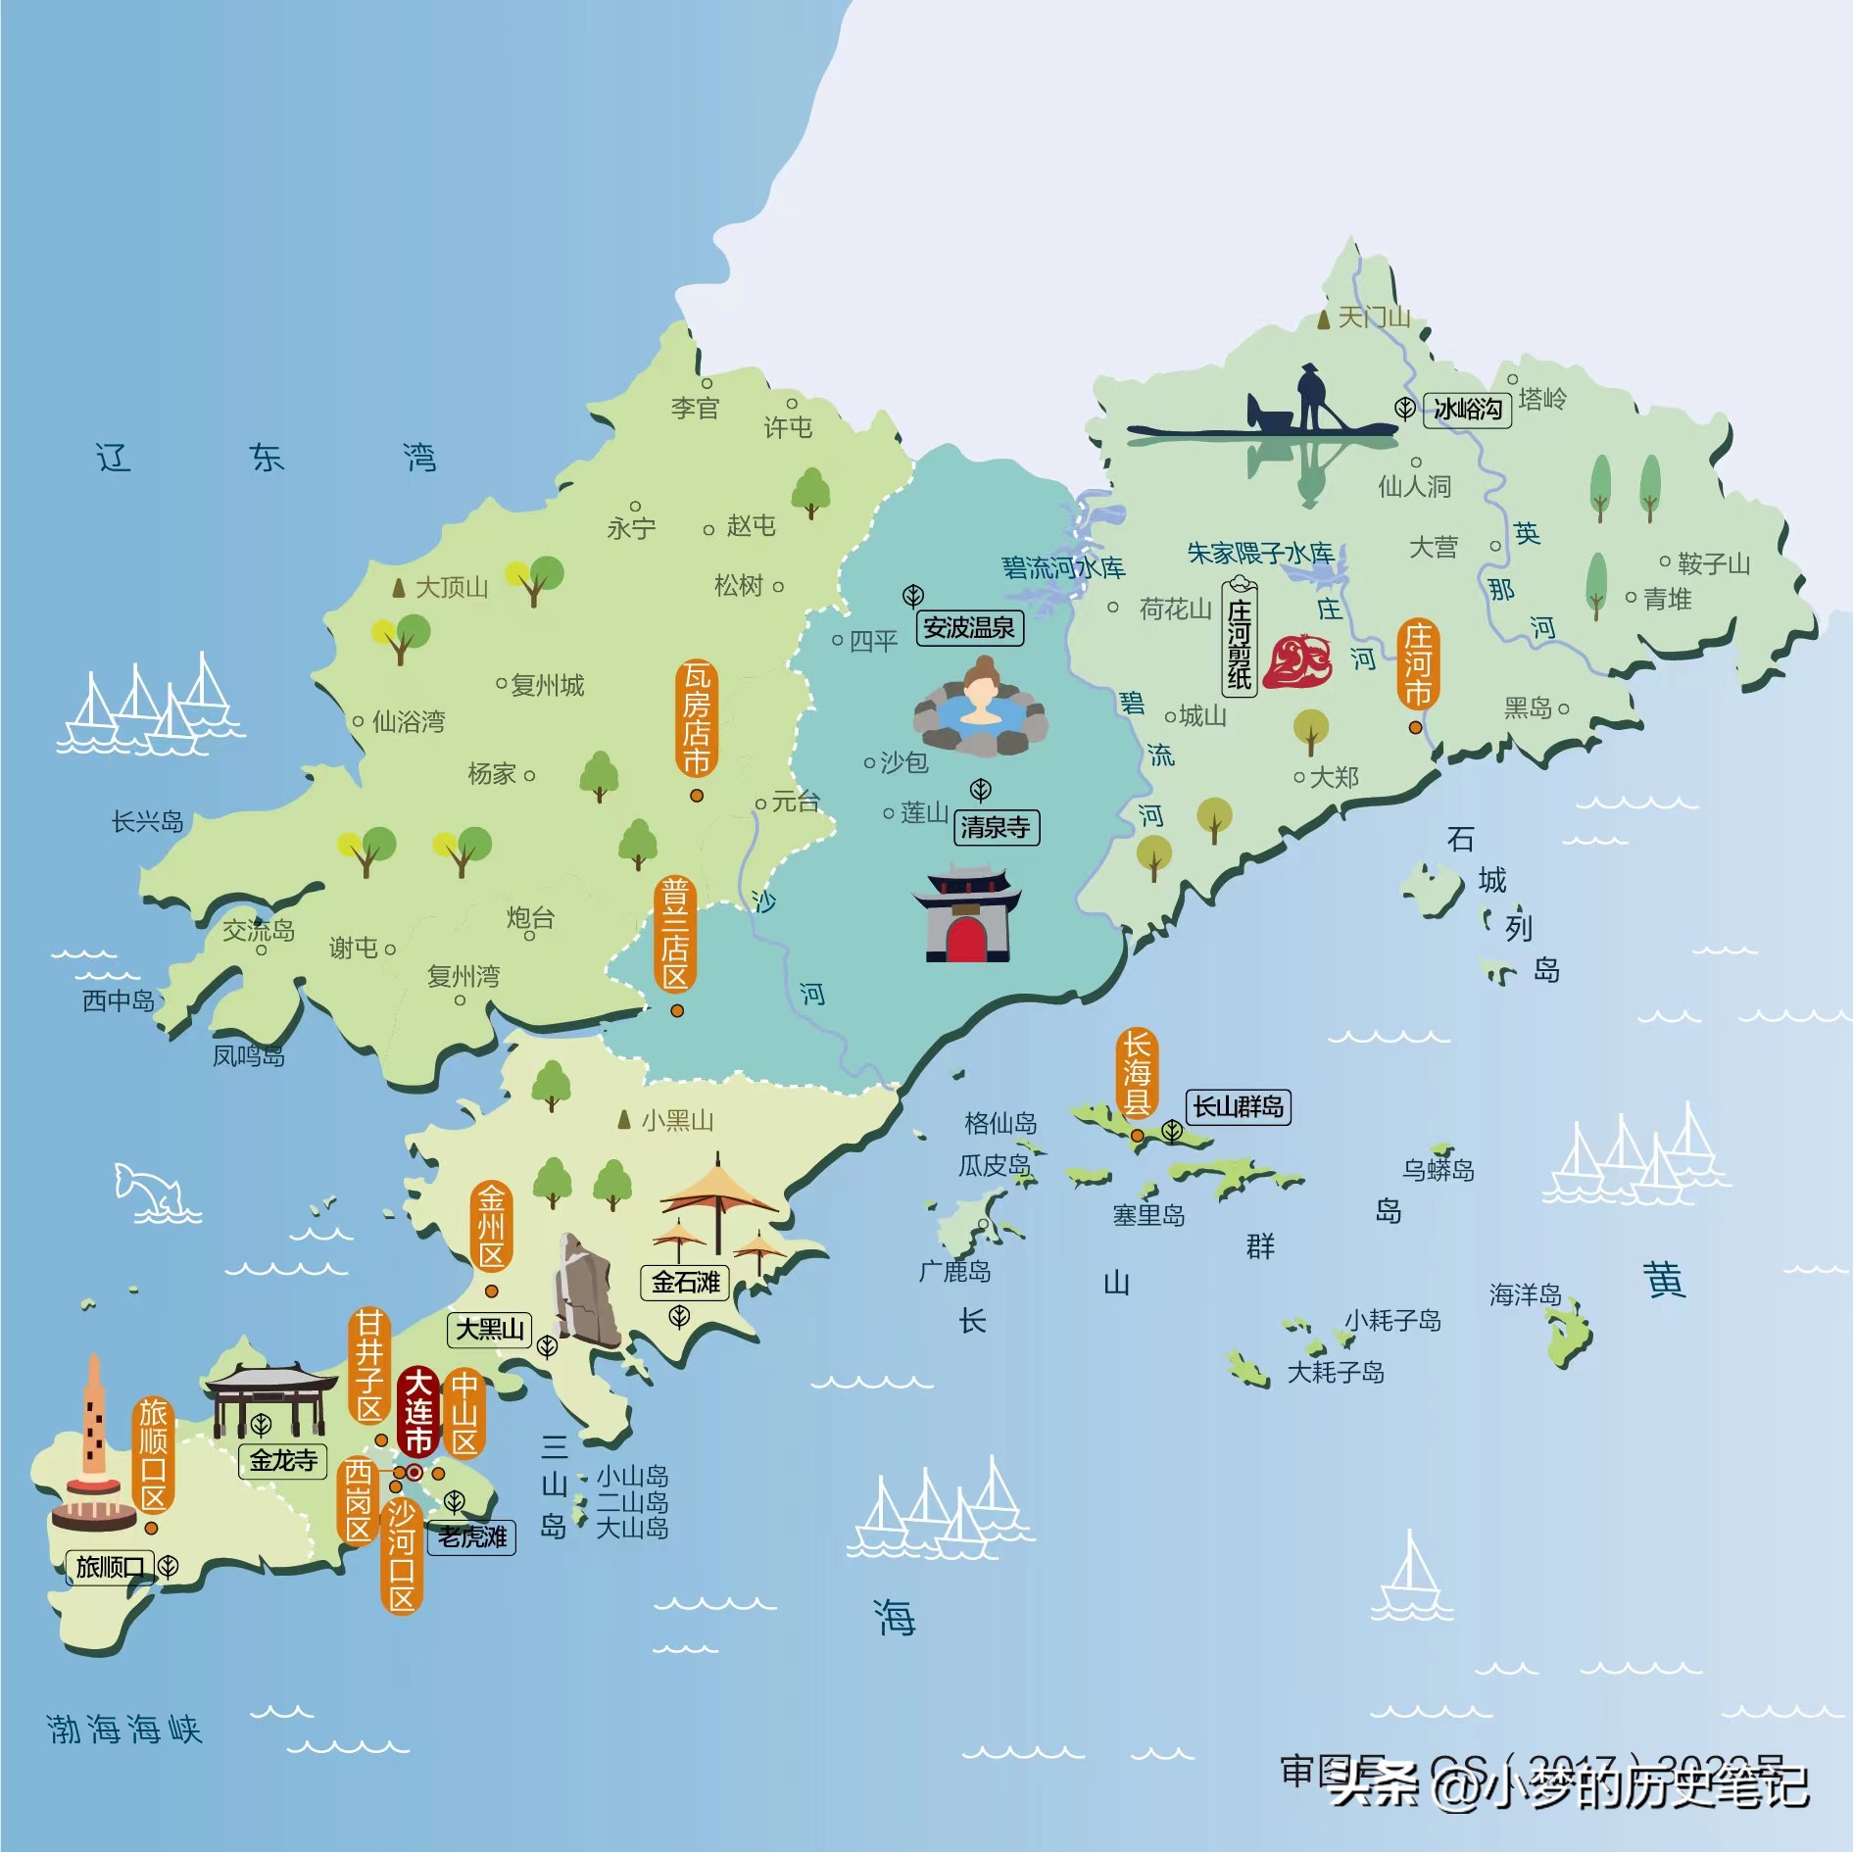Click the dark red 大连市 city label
pyautogui.click(x=418, y=1411)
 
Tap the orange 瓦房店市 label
pyautogui.click(x=696, y=718)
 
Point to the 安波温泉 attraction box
pyautogui.click(x=969, y=627)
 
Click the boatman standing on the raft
pyautogui.click(x=1310, y=397)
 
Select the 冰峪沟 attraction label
pyautogui.click(x=1467, y=409)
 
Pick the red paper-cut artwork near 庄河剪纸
pyautogui.click(x=1296, y=660)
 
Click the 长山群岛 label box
pyautogui.click(x=1238, y=1106)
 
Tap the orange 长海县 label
pyautogui.click(x=1136, y=1073)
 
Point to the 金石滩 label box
pyautogui.click(x=685, y=1282)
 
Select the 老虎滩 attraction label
pyautogui.click(x=472, y=1536)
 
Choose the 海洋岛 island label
pyautogui.click(x=1525, y=1294)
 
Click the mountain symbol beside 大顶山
pyautogui.click(x=398, y=588)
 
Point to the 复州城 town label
pyautogui.click(x=547, y=684)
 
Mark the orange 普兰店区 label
pyautogui.click(x=675, y=934)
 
